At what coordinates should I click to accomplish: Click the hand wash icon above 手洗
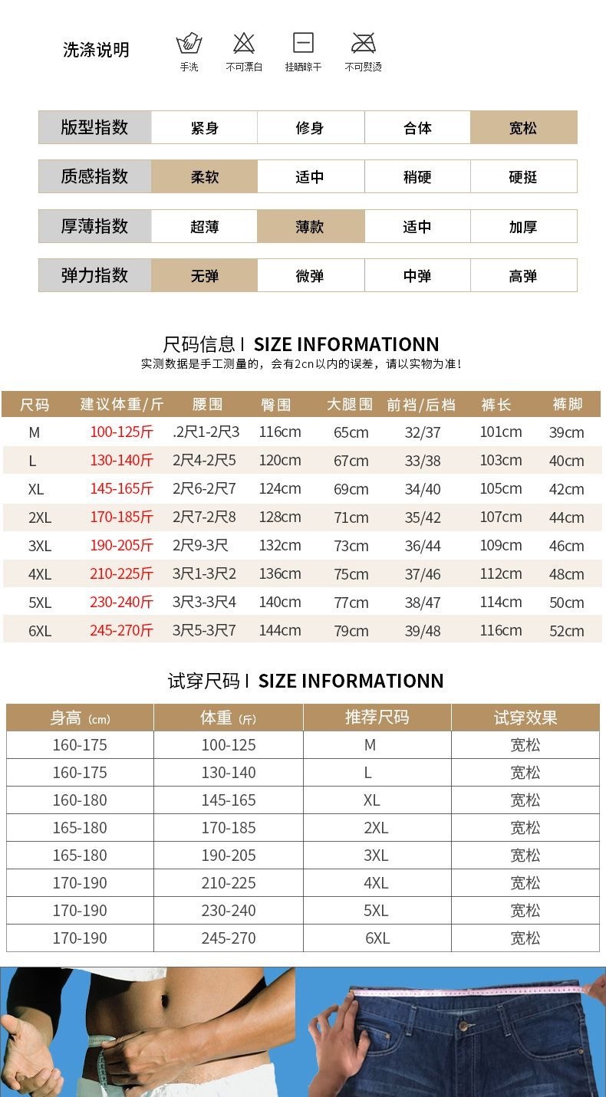pos(189,44)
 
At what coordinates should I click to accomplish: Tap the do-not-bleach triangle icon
pos(244,43)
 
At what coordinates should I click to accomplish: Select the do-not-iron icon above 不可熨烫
pos(363,43)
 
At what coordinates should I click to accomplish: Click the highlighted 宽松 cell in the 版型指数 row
pos(523,128)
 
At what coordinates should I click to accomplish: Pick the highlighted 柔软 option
pos(204,177)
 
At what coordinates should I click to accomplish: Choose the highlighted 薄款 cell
pos(310,227)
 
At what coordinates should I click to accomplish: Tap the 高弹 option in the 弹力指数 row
pos(523,276)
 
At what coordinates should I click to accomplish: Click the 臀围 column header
pos(276,405)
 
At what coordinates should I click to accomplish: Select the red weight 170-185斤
pos(121,517)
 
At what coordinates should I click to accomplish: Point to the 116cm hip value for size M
pos(280,432)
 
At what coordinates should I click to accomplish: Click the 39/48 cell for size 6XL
pos(423,631)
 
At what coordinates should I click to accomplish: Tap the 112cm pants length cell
pos(501,574)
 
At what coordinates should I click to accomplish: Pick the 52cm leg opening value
pos(566,631)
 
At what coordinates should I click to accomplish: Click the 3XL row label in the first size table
pos(40,546)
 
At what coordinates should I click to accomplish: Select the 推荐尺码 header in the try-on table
pos(377,718)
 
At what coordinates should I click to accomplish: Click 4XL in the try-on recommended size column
pos(376,883)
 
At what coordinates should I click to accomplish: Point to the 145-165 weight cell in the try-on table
pos(229,800)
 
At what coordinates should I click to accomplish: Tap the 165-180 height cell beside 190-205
pos(80,856)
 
